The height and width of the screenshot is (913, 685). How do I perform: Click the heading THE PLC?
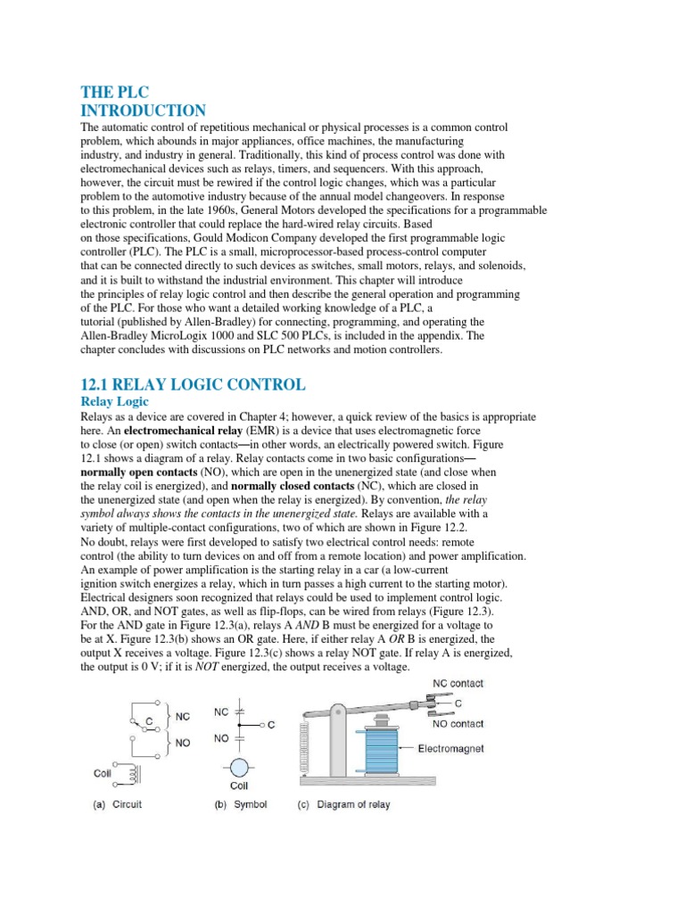pos(115,92)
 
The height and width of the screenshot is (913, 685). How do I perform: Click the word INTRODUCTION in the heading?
pos(144,111)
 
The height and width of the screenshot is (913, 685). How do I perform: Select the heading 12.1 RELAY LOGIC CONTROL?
pos(193,384)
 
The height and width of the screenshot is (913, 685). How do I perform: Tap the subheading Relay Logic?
pos(115,401)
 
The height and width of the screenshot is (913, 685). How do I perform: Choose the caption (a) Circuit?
pos(118,804)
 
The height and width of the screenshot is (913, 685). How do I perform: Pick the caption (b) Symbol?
pos(241,804)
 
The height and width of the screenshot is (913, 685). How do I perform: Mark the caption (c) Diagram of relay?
pos(343,804)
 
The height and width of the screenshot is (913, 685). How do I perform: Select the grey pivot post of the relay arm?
pos(336,749)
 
